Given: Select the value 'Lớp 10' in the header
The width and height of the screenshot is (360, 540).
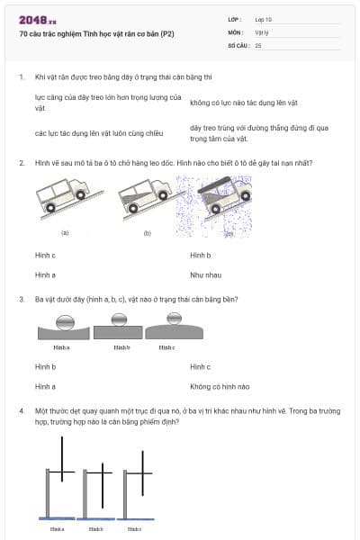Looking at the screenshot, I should click(x=265, y=19).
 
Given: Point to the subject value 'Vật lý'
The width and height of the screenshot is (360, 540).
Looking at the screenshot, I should click(x=263, y=31).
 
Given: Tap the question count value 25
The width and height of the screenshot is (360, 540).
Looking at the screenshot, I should click(x=258, y=44).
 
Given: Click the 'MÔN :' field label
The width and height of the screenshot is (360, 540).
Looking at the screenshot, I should click(x=237, y=31).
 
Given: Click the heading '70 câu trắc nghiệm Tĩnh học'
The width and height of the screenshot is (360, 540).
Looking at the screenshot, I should click(x=96, y=33).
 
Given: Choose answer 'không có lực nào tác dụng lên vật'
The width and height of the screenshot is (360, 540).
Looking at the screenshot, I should click(x=243, y=103).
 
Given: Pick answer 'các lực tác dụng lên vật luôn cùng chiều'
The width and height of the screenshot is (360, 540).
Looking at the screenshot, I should click(x=99, y=133).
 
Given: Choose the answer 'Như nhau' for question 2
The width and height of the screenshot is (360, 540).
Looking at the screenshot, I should click(x=203, y=274).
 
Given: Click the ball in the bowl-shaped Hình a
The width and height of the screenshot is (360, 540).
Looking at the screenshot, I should click(x=61, y=320).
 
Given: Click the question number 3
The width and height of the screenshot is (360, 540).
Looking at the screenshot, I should click(x=21, y=299).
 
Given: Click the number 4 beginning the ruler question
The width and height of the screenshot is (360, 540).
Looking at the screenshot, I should click(x=21, y=410).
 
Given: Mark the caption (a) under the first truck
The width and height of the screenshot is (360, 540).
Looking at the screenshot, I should click(x=65, y=232).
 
